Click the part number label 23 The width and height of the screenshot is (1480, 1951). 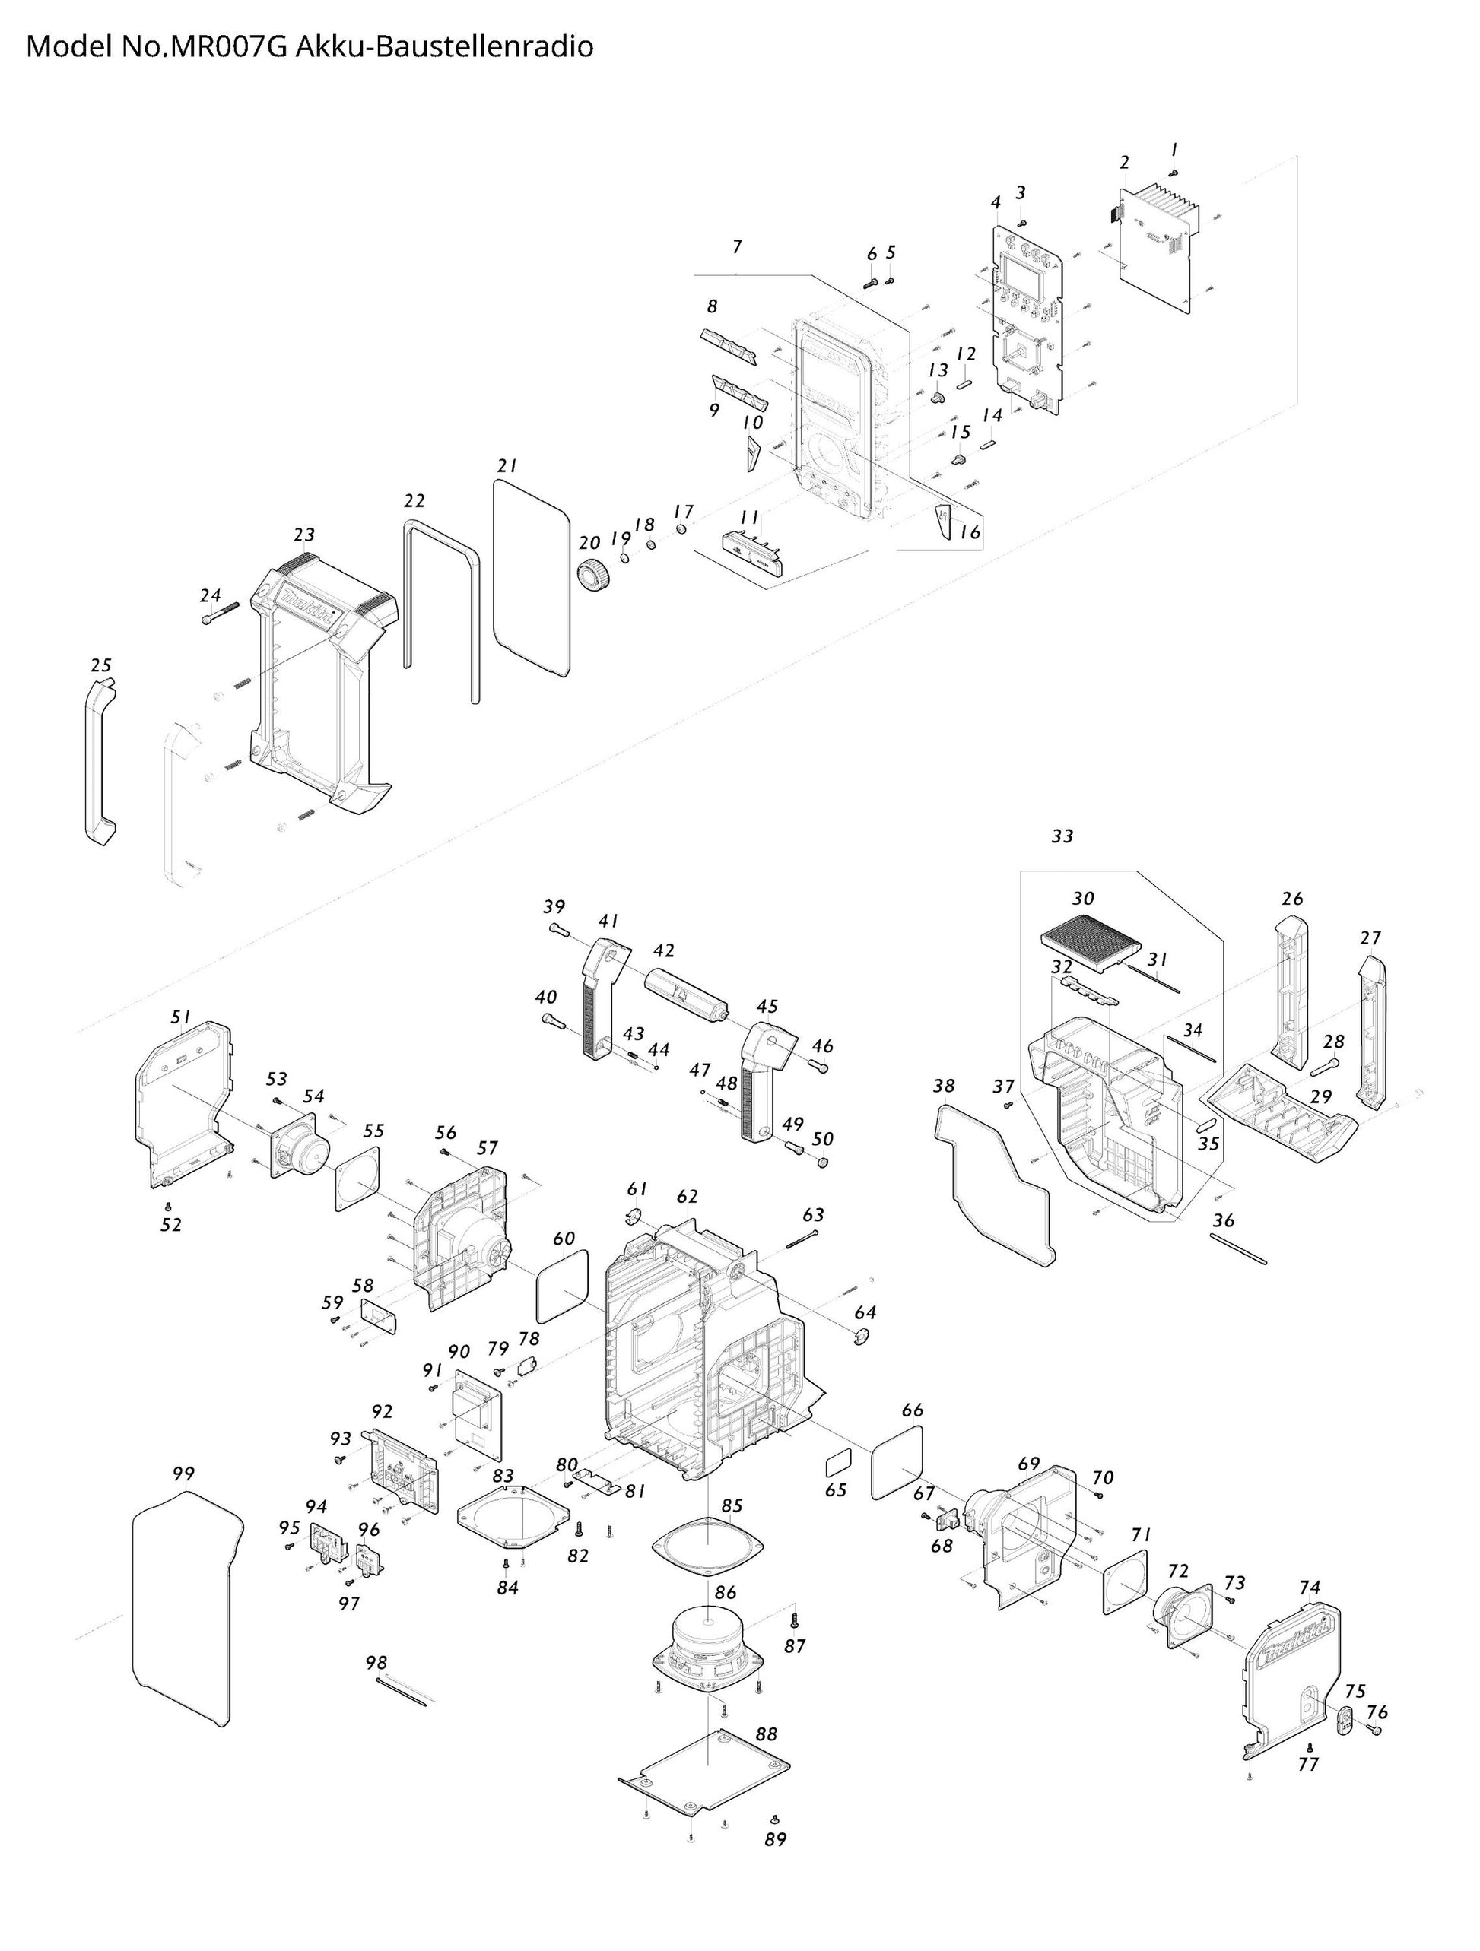pos(303,535)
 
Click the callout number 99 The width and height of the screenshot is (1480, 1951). pos(183,1473)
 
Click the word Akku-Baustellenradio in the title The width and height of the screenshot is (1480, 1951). pos(443,46)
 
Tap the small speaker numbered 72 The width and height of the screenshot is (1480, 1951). pos(1181,1615)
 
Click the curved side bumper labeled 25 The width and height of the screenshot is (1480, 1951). pos(100,760)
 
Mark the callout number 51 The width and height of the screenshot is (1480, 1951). pos(181,1017)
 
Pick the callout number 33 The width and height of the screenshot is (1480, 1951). pos(1062,836)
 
